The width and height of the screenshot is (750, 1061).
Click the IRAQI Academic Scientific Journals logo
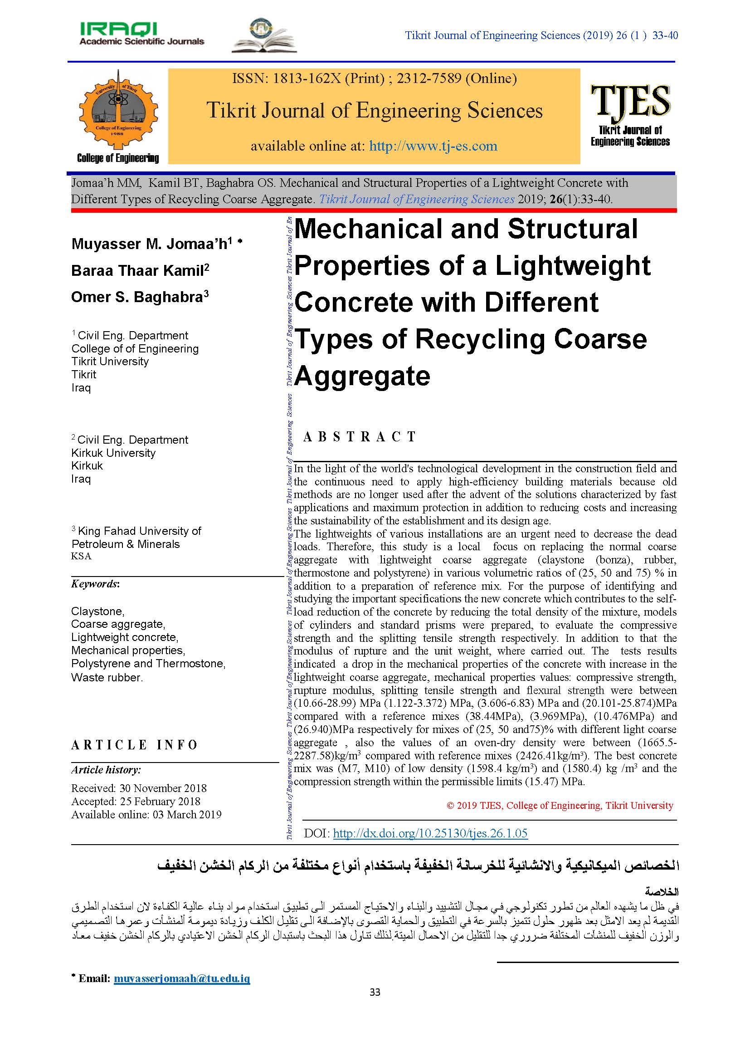[x=141, y=34]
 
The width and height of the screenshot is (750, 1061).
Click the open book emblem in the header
[x=264, y=36]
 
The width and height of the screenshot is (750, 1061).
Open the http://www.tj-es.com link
[x=433, y=146]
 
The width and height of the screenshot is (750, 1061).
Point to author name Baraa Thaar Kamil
[x=140, y=270]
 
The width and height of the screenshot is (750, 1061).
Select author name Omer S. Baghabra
[x=140, y=297]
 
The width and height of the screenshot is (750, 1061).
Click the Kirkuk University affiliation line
[x=113, y=453]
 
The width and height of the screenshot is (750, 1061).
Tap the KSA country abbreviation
[x=81, y=557]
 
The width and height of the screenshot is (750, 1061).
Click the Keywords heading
[x=95, y=584]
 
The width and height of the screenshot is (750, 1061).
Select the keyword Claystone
[x=97, y=611]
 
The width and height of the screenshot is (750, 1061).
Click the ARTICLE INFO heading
[x=134, y=745]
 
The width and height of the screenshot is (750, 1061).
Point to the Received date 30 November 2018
[x=139, y=788]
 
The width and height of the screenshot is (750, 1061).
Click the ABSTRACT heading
[x=360, y=437]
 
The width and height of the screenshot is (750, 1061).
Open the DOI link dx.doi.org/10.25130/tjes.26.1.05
[x=430, y=833]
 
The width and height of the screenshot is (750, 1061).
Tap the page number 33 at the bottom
[x=375, y=992]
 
